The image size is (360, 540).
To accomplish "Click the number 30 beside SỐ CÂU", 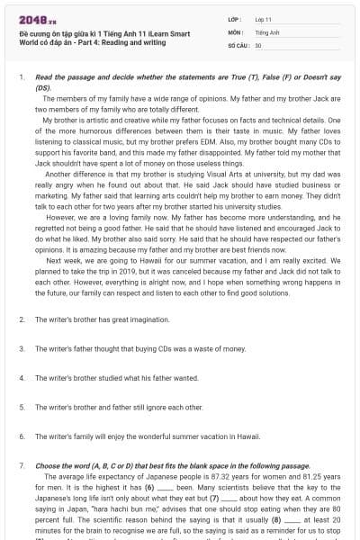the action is [x=258, y=43].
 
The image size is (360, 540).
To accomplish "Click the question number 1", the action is [x=21, y=78].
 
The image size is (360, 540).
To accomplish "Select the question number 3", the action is [x=21, y=348].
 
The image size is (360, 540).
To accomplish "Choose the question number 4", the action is [x=21, y=378].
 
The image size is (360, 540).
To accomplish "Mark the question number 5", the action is [x=21, y=407].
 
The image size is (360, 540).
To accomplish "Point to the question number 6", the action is [x=21, y=436].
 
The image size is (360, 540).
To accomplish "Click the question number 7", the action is [x=21, y=465].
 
